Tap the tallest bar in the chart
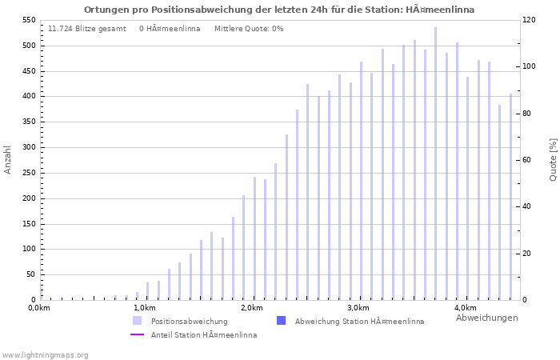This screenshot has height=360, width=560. click(436, 164)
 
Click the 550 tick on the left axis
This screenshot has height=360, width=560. click(29, 20)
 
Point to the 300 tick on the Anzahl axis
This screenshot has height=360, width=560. click(29, 147)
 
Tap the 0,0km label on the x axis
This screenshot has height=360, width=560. click(39, 308)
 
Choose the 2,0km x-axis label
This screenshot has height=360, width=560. click(252, 308)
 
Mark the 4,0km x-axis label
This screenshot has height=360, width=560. click(465, 308)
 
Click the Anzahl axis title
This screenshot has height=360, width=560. click(9, 160)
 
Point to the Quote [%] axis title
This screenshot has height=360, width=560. click(553, 160)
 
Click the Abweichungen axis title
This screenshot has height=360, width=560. click(486, 318)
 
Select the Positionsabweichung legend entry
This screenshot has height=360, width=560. click(189, 321)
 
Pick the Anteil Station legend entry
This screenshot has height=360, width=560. click(204, 335)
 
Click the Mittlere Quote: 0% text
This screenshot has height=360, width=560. click(249, 29)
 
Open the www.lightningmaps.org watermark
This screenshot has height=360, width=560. click(45, 354)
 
